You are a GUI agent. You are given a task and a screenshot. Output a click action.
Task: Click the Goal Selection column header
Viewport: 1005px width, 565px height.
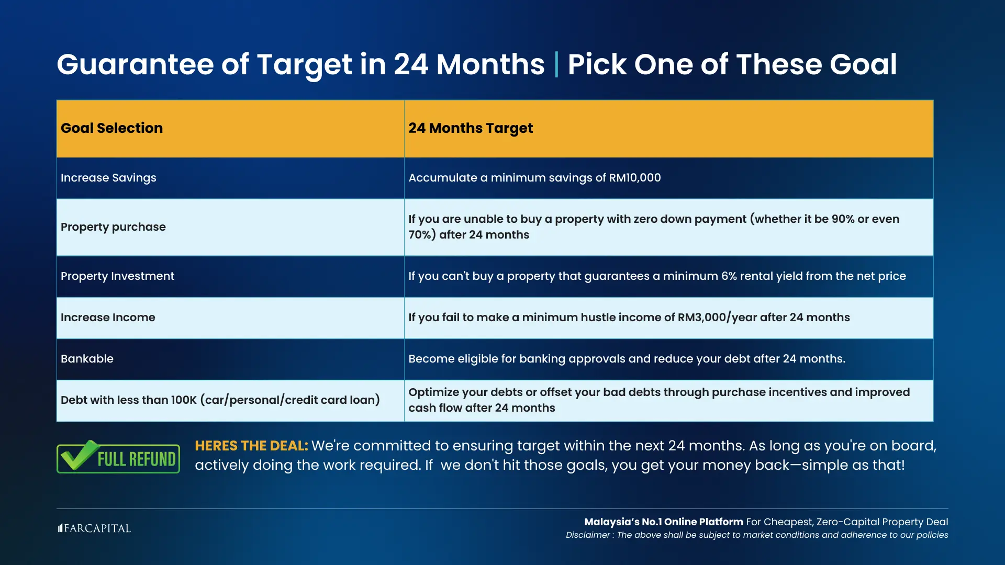(x=111, y=128)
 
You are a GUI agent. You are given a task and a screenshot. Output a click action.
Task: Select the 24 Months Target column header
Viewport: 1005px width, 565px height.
(x=471, y=129)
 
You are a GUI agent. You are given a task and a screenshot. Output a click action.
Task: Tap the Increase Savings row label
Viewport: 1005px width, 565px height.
(x=108, y=178)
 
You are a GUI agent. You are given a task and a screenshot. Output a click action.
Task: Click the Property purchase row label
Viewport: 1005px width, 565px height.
(x=113, y=227)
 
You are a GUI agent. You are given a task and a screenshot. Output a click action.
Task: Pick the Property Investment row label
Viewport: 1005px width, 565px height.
(x=117, y=276)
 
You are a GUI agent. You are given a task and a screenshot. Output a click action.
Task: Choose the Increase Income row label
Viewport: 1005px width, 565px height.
(x=108, y=318)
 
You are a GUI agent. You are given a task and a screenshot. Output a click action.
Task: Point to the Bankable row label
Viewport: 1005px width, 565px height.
(x=87, y=359)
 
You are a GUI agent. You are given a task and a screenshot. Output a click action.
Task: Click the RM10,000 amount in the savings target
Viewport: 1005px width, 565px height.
(x=635, y=178)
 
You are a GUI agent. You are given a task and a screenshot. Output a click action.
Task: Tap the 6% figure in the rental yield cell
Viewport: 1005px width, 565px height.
(x=730, y=276)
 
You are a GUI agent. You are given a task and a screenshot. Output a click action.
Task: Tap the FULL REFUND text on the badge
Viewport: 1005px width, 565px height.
(x=137, y=459)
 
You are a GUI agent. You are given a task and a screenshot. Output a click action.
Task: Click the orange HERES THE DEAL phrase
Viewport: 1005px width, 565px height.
(x=251, y=446)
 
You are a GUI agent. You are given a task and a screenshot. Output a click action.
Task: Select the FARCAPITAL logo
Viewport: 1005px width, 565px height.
(x=94, y=528)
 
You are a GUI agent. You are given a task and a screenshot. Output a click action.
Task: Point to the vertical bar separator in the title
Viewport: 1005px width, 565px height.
(x=556, y=64)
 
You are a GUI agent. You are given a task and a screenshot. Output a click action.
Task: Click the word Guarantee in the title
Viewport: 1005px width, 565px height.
(x=135, y=64)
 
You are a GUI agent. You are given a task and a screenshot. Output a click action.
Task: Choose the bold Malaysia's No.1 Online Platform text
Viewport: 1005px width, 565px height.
(x=664, y=522)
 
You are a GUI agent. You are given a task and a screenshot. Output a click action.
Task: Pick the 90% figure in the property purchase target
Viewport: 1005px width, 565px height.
(x=843, y=219)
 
